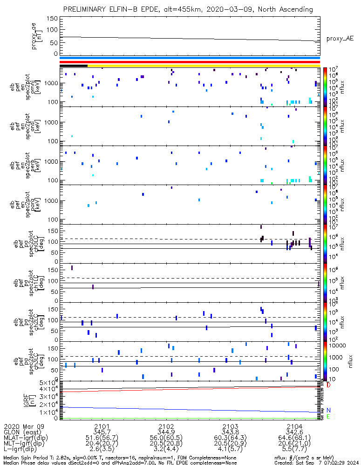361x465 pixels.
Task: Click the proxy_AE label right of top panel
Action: coord(340,39)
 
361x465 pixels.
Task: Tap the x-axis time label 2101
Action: coord(102,426)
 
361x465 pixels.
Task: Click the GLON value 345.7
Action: coord(102,432)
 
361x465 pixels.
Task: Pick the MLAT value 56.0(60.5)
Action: coord(166,439)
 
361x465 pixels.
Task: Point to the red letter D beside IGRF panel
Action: coord(328,385)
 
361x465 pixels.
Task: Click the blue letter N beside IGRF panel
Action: coord(328,410)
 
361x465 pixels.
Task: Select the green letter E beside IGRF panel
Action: coord(328,417)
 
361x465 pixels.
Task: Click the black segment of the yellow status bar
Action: coord(74,66)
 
